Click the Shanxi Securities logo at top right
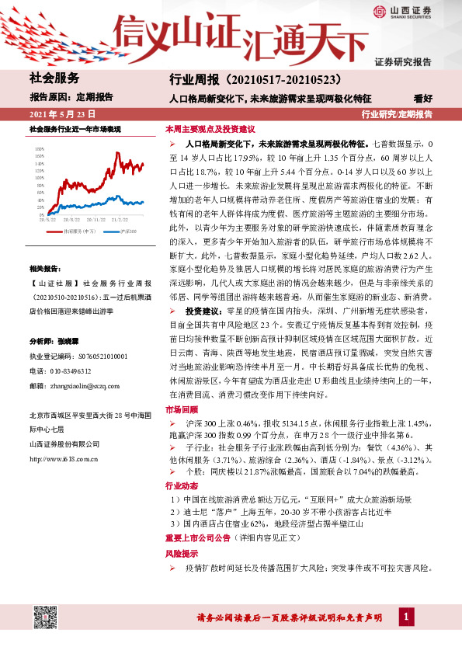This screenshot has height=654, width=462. [408, 12]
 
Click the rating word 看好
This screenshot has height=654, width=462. [423, 99]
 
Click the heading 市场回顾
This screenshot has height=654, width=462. [181, 409]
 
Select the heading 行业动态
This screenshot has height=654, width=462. [181, 485]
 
